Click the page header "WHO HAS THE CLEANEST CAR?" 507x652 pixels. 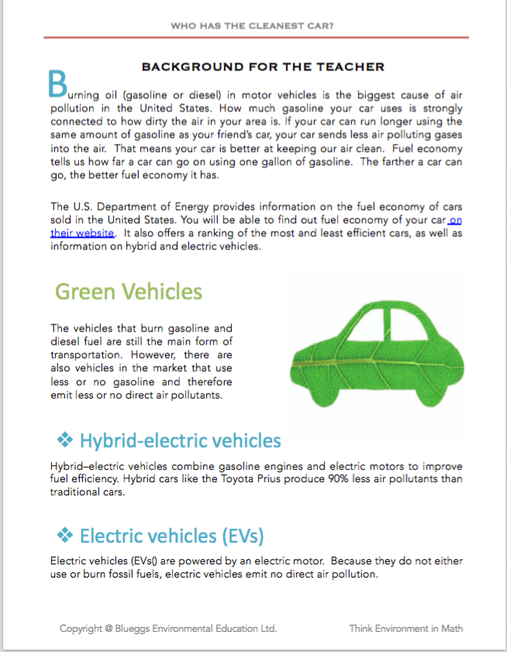[x=253, y=26]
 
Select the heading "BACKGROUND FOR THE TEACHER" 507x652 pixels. [x=263, y=67]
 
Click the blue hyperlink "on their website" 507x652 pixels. [x=83, y=233]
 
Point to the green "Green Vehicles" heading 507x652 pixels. [x=129, y=292]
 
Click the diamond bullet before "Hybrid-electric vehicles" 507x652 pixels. [x=65, y=440]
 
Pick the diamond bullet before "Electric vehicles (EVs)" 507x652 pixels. [x=65, y=535]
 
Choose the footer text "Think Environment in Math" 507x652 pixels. [x=405, y=628]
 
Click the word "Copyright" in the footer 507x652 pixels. [x=83, y=628]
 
